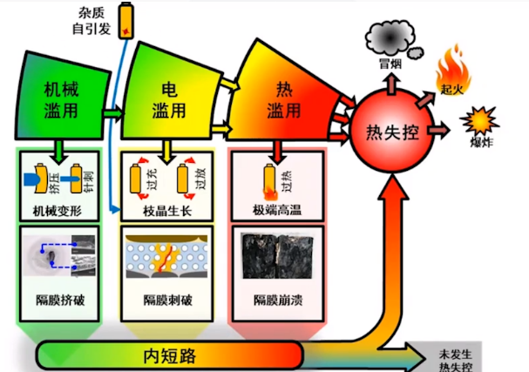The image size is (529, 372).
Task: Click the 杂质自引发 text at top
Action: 90,21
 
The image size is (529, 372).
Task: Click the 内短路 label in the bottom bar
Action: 168,354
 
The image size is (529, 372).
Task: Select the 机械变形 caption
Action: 58,210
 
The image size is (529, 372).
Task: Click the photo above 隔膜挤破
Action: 58,256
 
